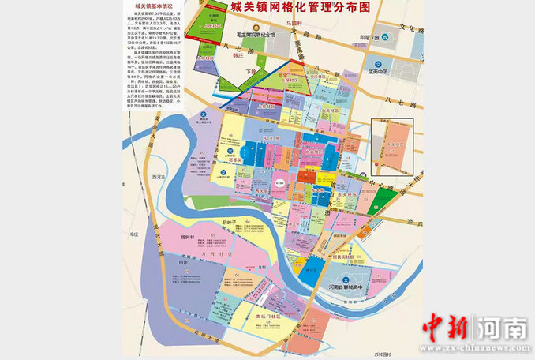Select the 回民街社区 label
pyautogui.click(x=346, y=258)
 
